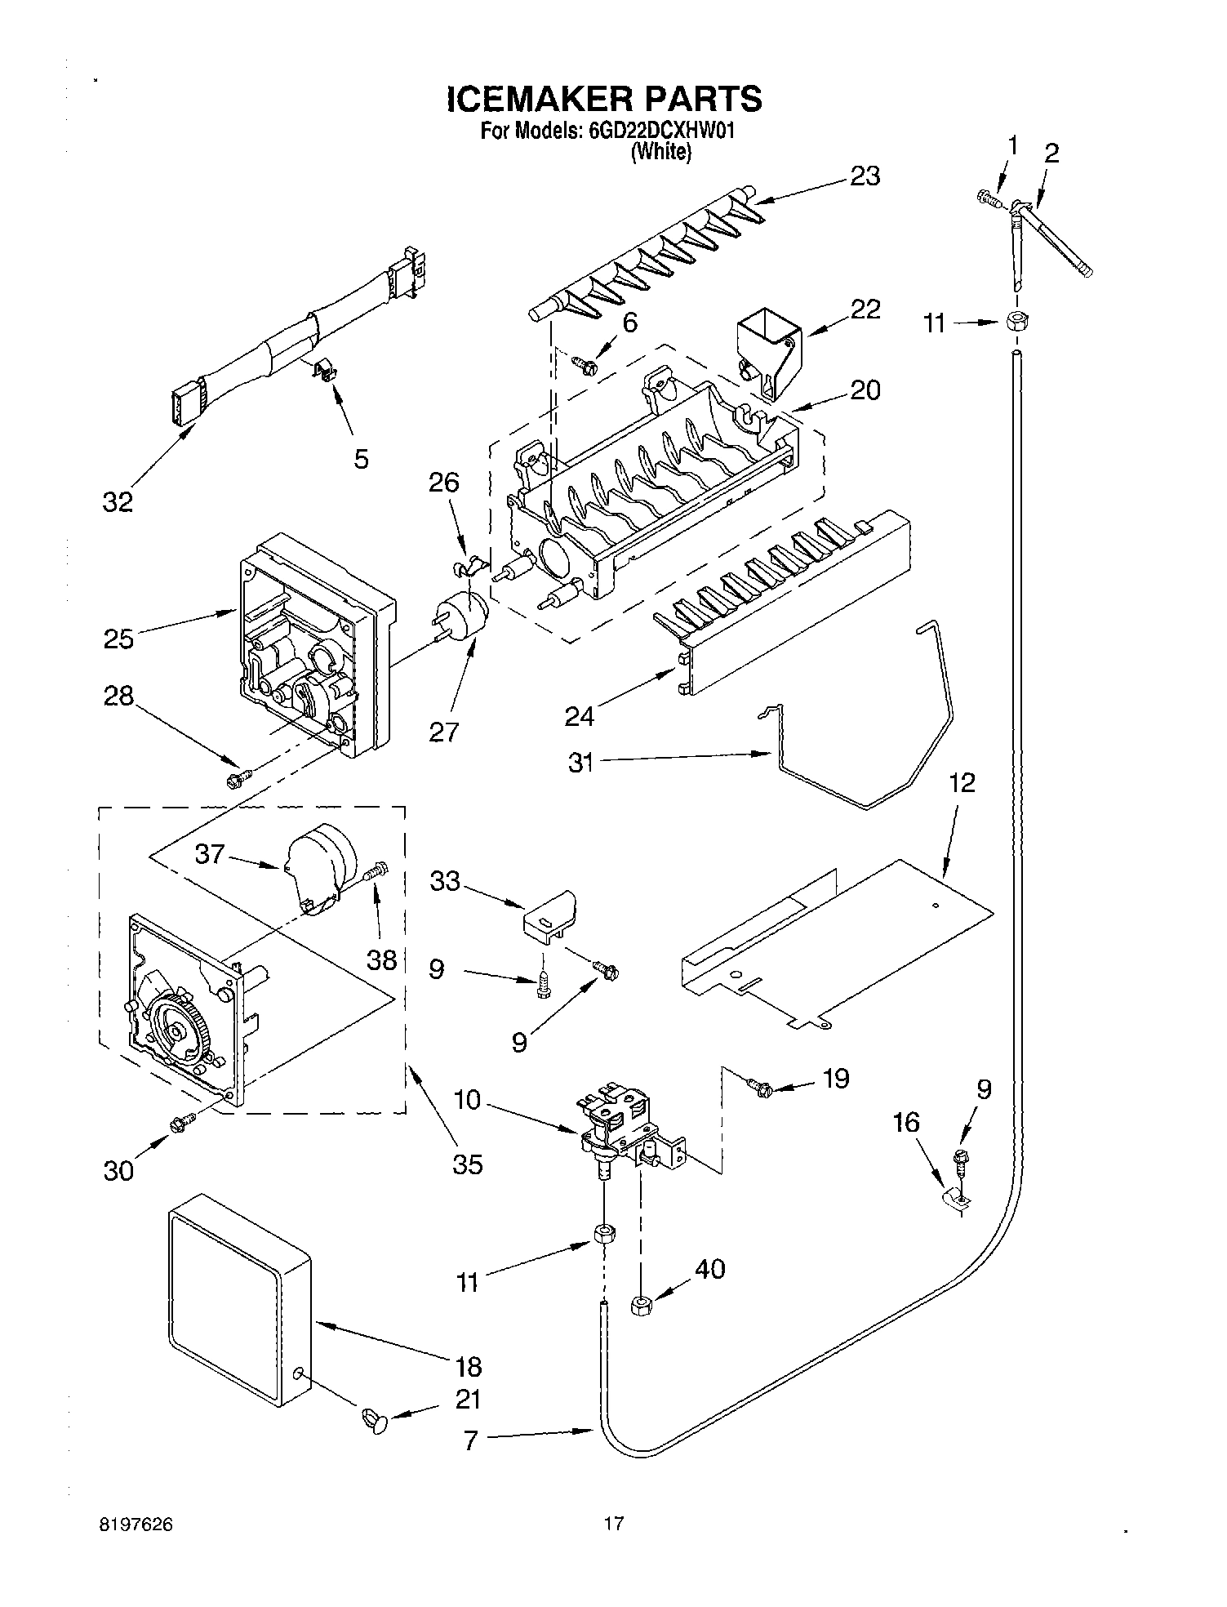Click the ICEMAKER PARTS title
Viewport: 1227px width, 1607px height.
pyautogui.click(x=604, y=98)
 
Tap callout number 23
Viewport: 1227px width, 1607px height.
pyautogui.click(x=865, y=176)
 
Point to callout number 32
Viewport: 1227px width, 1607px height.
pyautogui.click(x=118, y=501)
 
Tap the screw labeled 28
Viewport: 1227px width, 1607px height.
pyautogui.click(x=238, y=780)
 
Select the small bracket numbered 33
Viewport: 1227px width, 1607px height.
pyautogui.click(x=548, y=914)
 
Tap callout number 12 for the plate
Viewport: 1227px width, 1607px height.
pyautogui.click(x=962, y=783)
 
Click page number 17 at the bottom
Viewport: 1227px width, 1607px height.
pyautogui.click(x=613, y=1523)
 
